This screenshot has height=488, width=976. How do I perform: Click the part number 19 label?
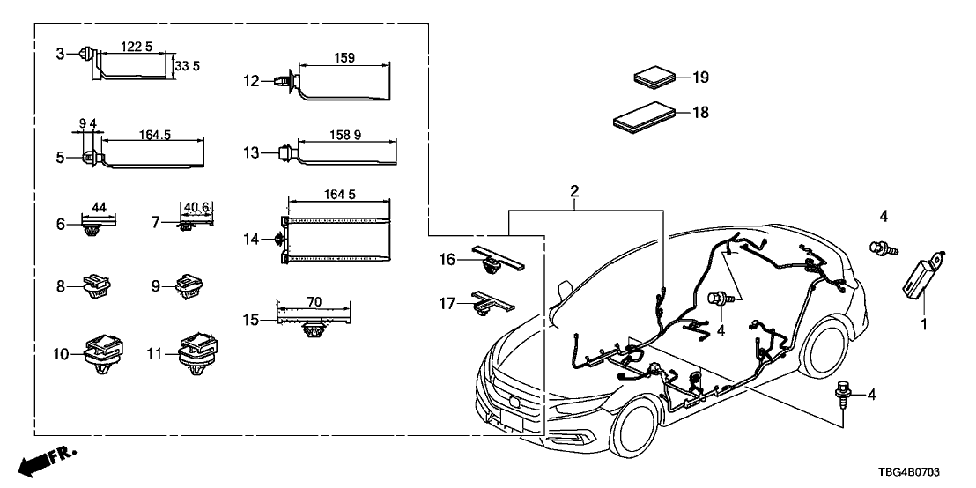coord(699,78)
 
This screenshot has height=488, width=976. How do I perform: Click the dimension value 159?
coord(345,58)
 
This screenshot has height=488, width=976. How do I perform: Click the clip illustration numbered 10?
coord(104,351)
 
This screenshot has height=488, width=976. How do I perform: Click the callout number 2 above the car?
coord(574,191)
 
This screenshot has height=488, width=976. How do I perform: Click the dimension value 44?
coord(99,207)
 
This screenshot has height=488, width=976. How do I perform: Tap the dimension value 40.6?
coord(196,209)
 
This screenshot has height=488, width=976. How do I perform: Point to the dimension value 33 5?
coord(182,66)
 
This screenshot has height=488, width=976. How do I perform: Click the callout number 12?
coord(252,81)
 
